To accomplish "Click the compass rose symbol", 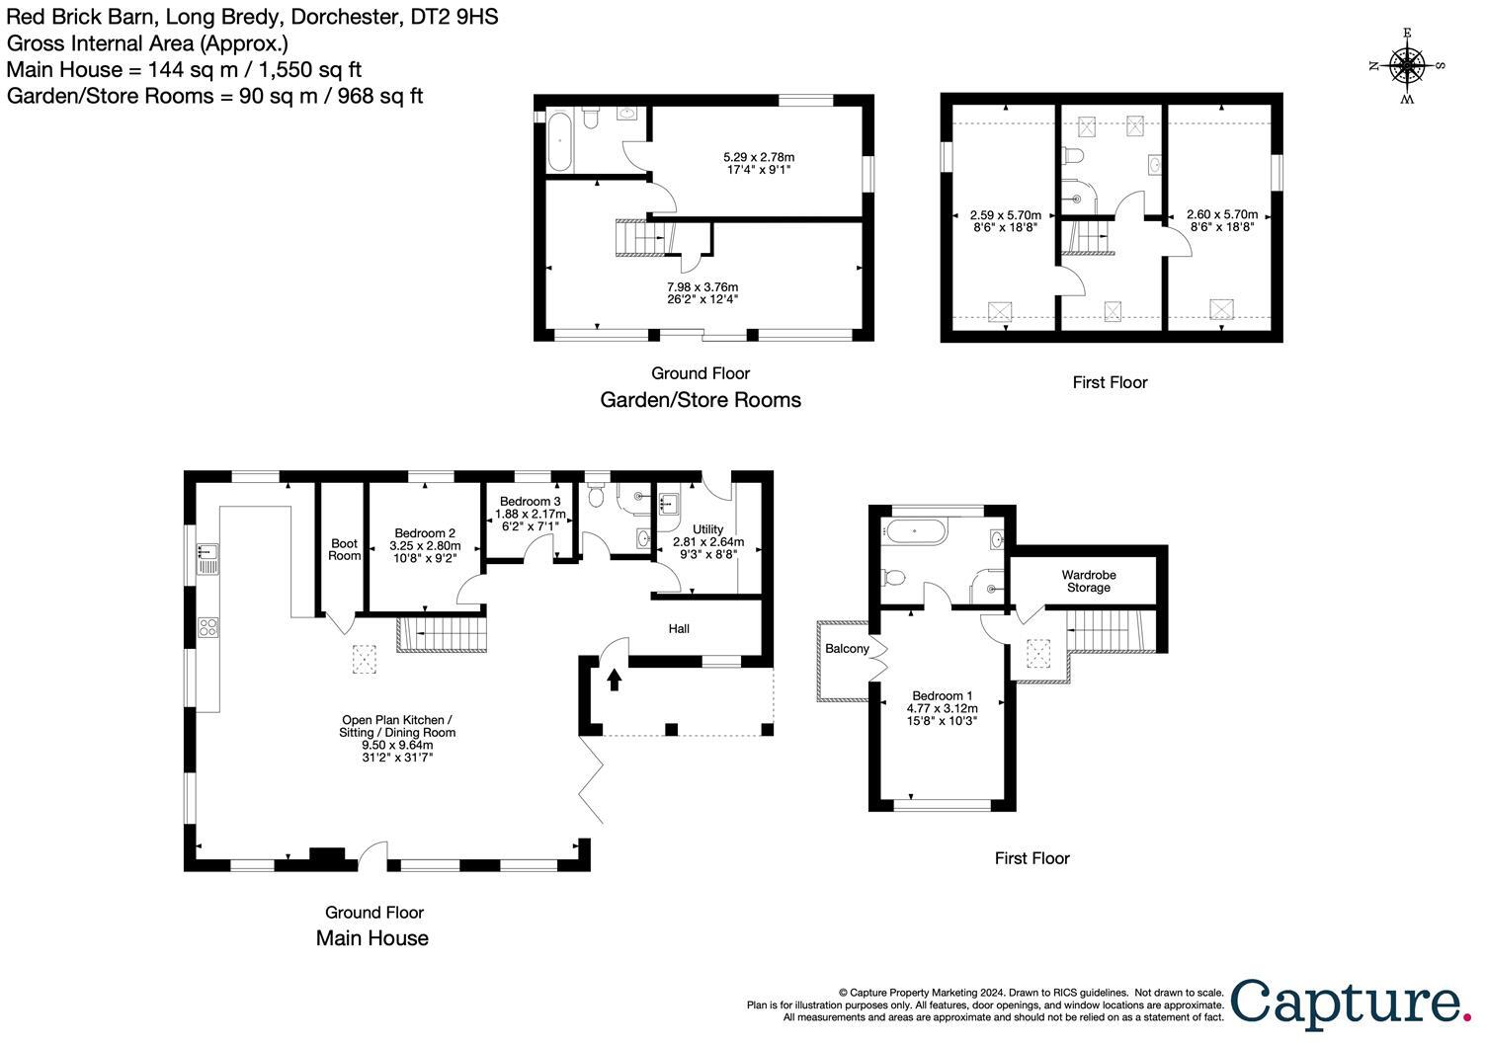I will coord(1407,66).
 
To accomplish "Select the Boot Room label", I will coord(345,549).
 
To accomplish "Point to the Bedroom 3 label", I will coord(532,502).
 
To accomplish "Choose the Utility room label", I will coord(707,529).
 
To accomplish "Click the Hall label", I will coord(679,628).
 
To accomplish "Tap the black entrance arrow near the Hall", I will coord(615,679).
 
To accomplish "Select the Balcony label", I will coord(847,649).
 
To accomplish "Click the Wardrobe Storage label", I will coord(1088,581).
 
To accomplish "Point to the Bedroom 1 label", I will coord(942,695).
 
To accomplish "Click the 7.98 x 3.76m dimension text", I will coord(702,286).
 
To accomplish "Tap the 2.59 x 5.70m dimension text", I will coord(1005,214).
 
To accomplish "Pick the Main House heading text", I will coord(371,938).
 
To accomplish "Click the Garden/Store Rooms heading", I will coord(701,400).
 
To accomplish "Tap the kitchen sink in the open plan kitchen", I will coord(207,558).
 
